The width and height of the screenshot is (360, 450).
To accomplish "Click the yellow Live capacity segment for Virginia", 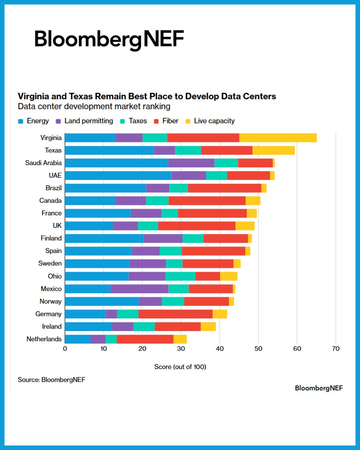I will [x=278, y=138].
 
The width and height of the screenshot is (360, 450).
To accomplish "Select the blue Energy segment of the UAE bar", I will [x=118, y=175].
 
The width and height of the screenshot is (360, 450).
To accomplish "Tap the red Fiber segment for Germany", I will [x=175, y=314].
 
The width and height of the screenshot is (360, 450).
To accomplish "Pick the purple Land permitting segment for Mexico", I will [x=139, y=289].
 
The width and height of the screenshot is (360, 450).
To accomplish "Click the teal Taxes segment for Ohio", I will [x=180, y=276].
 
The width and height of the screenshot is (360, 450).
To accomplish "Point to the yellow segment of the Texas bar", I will [x=274, y=150].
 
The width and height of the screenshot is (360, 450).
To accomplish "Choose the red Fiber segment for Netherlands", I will [x=145, y=339].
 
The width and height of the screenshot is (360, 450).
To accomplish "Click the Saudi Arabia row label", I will [x=43, y=163].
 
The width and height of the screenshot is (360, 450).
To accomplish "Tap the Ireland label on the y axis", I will [x=52, y=327].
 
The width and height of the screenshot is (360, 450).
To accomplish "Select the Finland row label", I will [x=51, y=238].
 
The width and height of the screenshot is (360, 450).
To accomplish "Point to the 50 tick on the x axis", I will [x=258, y=349].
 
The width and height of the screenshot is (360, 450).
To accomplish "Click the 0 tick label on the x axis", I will [x=65, y=349].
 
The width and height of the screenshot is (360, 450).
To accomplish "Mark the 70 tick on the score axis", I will [x=336, y=349].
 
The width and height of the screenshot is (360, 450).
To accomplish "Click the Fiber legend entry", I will [x=170, y=121].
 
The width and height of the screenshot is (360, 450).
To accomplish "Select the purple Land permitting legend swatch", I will [x=58, y=121].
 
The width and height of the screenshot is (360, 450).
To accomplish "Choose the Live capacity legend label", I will [x=214, y=121].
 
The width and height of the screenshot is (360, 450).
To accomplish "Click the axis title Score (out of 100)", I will [x=180, y=367].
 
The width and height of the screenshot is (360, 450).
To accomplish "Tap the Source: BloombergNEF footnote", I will [x=52, y=380].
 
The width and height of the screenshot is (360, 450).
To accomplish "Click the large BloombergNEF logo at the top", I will [x=109, y=39].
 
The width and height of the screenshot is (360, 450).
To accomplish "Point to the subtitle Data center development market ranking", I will [x=94, y=107].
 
